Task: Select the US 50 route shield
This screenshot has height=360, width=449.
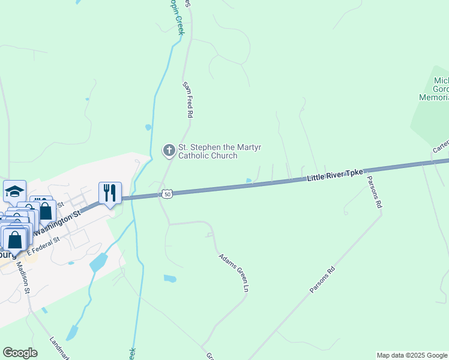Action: (x=167, y=194)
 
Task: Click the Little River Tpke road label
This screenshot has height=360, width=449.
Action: (x=335, y=175)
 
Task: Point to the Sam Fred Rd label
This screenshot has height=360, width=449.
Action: (x=188, y=100)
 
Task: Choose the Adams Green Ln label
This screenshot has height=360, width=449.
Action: (x=234, y=272)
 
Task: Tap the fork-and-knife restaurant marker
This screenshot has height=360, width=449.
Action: (x=110, y=193)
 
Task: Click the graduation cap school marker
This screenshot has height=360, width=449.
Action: (x=14, y=191)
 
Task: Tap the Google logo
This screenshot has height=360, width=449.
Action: (x=20, y=353)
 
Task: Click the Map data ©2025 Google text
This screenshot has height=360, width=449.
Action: (x=412, y=355)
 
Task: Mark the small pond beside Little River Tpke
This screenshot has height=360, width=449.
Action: (x=249, y=181)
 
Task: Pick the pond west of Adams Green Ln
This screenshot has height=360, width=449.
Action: (x=170, y=278)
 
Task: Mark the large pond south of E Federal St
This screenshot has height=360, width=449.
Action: (x=98, y=262)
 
